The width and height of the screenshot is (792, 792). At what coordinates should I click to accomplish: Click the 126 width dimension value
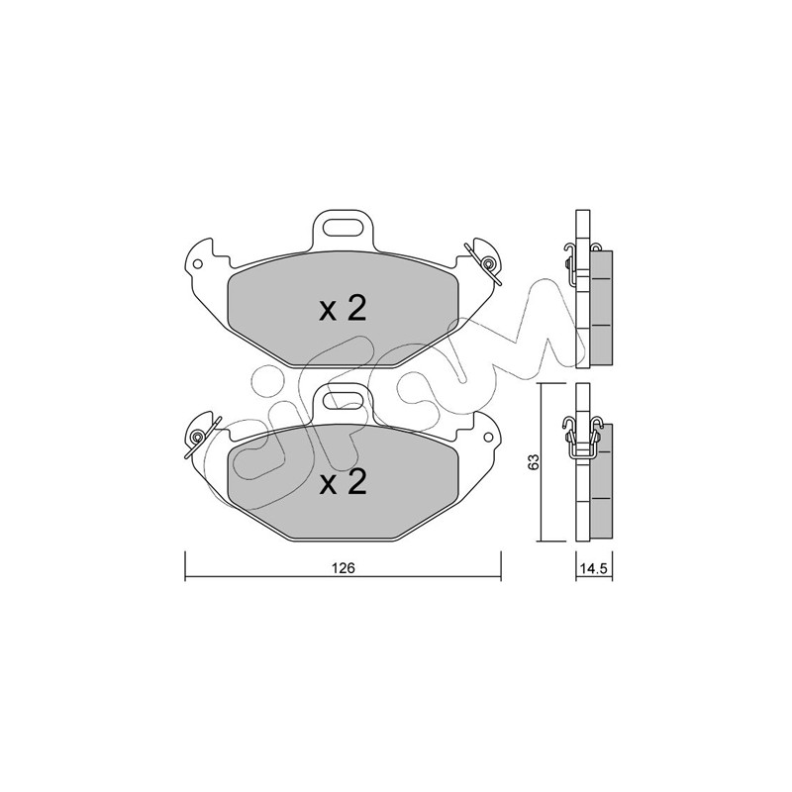344,567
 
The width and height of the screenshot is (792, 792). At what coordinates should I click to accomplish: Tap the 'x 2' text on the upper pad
343,309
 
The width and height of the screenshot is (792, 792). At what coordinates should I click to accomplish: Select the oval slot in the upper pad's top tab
343,227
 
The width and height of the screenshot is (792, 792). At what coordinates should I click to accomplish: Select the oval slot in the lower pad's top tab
343,402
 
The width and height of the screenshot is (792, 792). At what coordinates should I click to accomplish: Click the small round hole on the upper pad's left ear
197,263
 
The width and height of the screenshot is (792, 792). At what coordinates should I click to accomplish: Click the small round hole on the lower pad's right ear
488,438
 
